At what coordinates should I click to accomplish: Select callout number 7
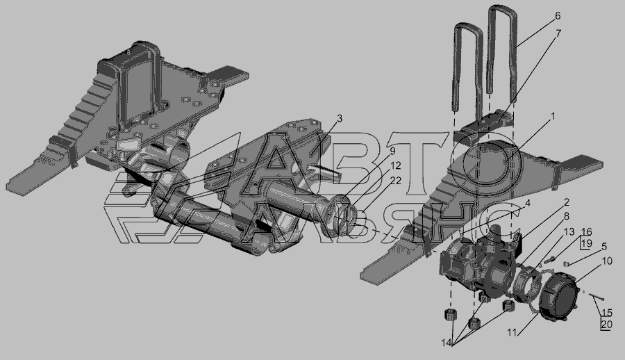tap(558, 33)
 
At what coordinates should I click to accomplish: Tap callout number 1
tap(553, 116)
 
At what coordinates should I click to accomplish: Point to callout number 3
tap(339, 119)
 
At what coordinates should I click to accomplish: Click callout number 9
tap(392, 152)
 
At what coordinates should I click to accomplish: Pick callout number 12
tap(395, 165)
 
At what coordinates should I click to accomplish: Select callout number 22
tap(396, 181)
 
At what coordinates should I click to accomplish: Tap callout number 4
tap(527, 203)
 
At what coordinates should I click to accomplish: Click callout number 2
tap(567, 202)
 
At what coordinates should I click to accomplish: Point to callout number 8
tap(567, 216)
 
